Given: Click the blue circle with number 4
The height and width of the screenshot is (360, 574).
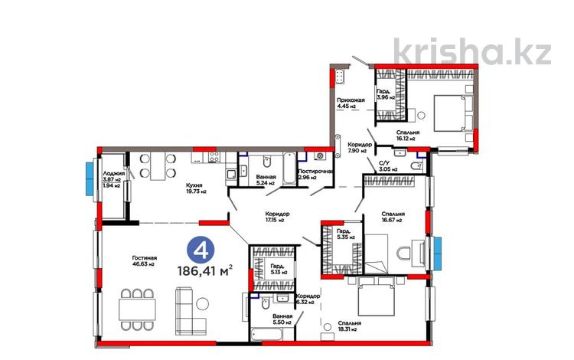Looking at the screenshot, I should (x=201, y=250).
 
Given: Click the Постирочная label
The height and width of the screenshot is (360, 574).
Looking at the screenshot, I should (x=315, y=174).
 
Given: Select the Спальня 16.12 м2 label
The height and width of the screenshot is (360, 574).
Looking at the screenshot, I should (x=406, y=136).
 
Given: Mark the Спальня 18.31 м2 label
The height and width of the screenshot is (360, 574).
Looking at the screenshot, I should (x=349, y=327).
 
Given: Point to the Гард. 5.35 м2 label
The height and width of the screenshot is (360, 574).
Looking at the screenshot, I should (x=344, y=234).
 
